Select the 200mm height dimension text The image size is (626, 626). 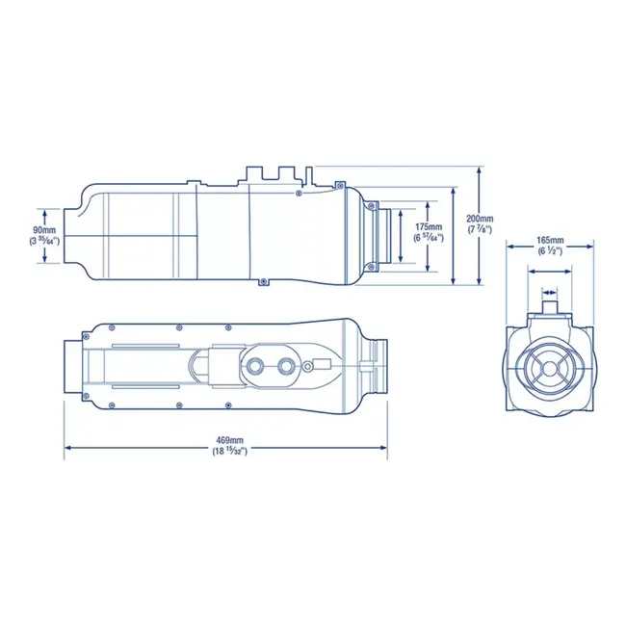pos(479,218)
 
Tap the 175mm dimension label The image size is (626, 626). pos(429,225)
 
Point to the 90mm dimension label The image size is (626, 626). pos(43,230)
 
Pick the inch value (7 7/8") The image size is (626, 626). pos(479,230)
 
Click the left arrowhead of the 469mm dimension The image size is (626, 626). pos(67,447)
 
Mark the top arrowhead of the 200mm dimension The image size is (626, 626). pos(480,170)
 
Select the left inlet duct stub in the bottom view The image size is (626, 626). pos(73,367)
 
